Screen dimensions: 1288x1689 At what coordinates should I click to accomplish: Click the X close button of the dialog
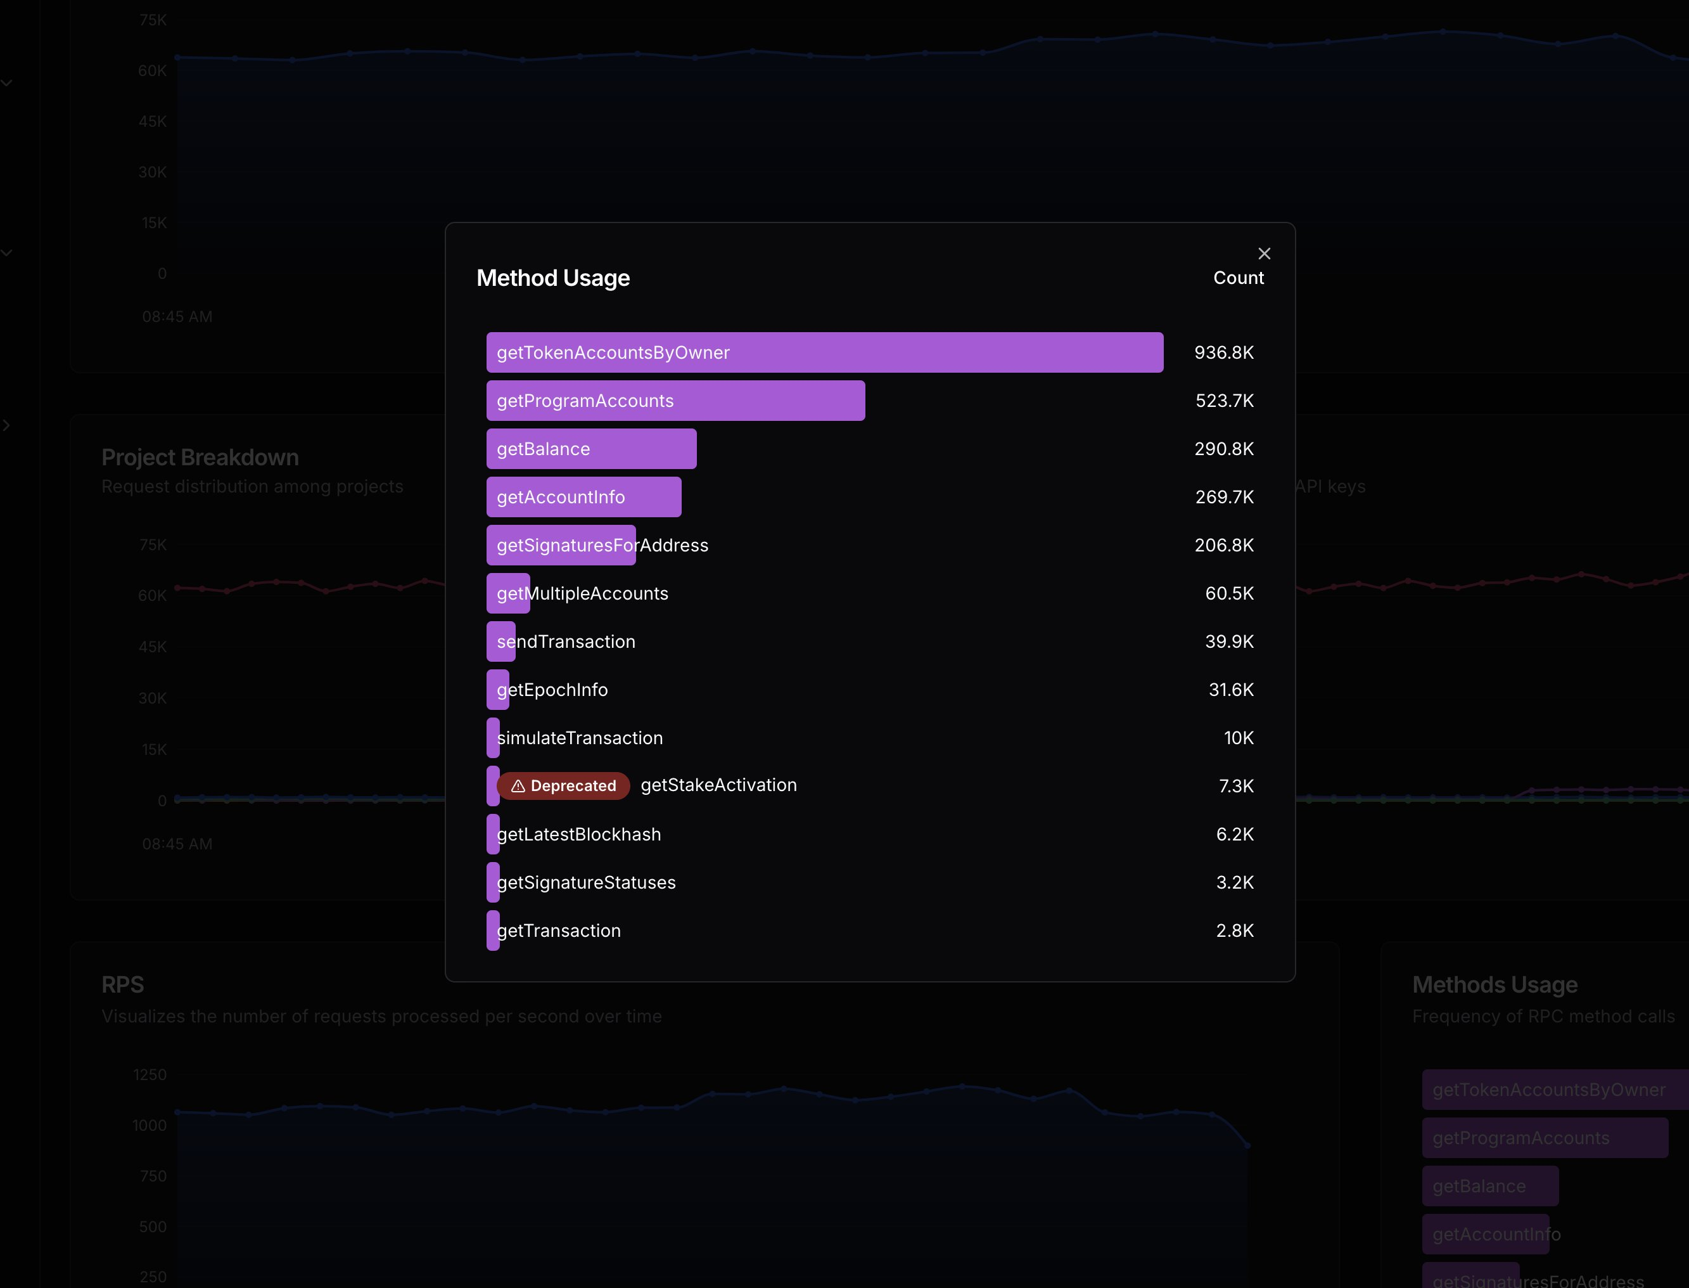pyautogui.click(x=1264, y=254)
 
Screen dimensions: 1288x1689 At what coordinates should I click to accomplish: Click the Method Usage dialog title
pyautogui.click(x=552, y=278)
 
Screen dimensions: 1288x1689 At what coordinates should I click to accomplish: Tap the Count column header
pyautogui.click(x=1238, y=278)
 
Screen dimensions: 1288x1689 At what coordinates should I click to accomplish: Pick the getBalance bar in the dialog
pyautogui.click(x=591, y=449)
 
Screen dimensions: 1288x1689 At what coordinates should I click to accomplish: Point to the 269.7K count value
pyautogui.click(x=1224, y=497)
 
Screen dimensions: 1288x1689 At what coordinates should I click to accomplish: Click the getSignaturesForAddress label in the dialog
pyautogui.click(x=602, y=545)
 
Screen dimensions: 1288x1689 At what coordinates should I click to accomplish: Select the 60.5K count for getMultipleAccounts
pyautogui.click(x=1228, y=593)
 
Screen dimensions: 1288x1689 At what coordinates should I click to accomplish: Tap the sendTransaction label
pyautogui.click(x=566, y=641)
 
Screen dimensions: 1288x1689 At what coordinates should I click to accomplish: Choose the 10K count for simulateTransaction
pyautogui.click(x=1238, y=738)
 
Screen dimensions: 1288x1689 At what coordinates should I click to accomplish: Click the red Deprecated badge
pyautogui.click(x=563, y=786)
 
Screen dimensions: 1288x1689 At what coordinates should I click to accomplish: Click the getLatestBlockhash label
pyautogui.click(x=578, y=834)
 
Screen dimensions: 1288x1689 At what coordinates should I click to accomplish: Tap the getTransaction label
pyautogui.click(x=559, y=931)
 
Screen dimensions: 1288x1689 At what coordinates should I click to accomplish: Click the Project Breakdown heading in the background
pyautogui.click(x=200, y=457)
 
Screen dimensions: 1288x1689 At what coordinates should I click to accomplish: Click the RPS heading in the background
pyautogui.click(x=123, y=984)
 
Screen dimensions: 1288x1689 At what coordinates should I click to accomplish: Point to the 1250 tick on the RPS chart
pyautogui.click(x=150, y=1075)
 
